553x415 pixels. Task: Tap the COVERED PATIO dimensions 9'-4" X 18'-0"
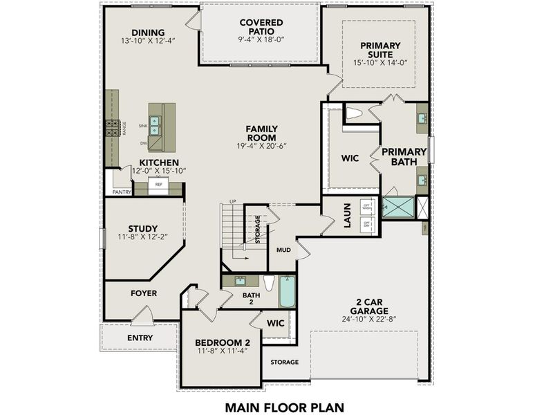click(261, 39)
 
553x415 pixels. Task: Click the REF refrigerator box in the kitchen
click(159, 185)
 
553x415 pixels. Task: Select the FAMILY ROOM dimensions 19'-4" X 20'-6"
click(262, 146)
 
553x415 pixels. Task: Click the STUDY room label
click(142, 228)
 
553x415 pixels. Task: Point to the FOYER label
click(144, 293)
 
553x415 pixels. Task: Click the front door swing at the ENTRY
click(142, 316)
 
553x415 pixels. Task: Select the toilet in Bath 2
click(270, 284)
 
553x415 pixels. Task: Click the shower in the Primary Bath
click(397, 206)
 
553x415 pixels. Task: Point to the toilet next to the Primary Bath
click(354, 113)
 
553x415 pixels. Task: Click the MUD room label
click(283, 249)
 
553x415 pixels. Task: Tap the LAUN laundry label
click(348, 215)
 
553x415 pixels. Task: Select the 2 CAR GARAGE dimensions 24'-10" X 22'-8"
click(369, 320)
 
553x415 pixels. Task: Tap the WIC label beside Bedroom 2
click(276, 323)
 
